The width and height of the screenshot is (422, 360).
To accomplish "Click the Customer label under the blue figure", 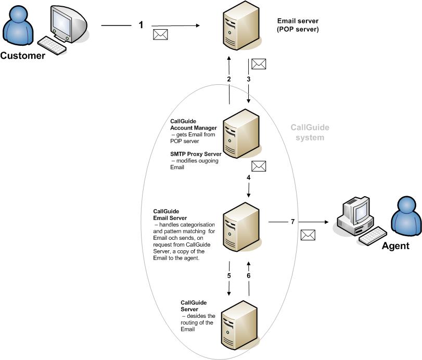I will coord(22,56).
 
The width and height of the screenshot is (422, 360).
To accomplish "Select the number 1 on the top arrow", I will coord(140,24).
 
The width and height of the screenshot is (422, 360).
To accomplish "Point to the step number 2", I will coord(228,79).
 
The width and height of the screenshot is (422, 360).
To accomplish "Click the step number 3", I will coord(249,79).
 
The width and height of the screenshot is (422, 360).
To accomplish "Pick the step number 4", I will coord(249,178).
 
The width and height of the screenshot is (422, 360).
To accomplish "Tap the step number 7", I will coord(293,222).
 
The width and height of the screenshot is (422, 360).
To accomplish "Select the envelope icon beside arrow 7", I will coord(308,235).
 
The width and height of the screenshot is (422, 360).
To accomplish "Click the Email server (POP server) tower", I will coord(238,26).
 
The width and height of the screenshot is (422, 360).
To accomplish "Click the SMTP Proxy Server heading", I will coord(196,155).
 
